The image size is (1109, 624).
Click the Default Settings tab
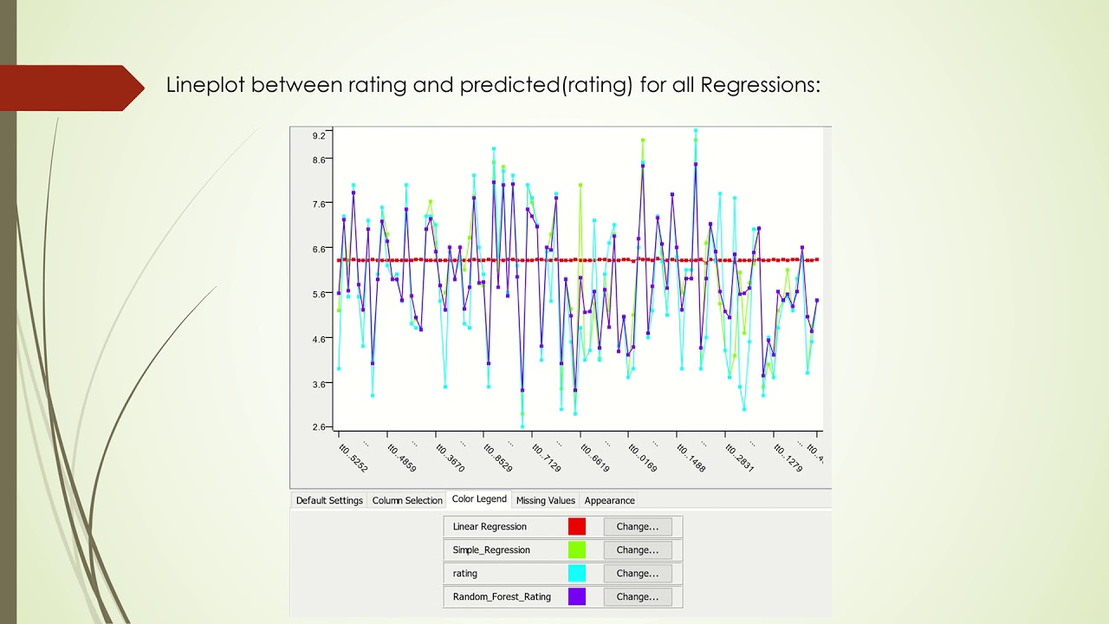click(x=329, y=501)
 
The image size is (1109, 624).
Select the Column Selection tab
click(x=407, y=501)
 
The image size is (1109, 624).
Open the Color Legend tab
click(x=479, y=500)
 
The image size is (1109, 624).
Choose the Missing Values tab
click(x=545, y=501)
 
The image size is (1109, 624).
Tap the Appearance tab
click(x=609, y=501)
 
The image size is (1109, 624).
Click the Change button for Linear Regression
click(x=637, y=527)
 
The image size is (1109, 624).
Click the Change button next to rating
click(x=637, y=574)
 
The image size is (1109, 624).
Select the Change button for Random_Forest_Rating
click(x=637, y=597)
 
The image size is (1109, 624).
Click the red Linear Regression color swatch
click(x=577, y=527)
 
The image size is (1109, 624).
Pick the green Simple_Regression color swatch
click(x=577, y=550)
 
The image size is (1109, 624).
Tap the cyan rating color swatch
click(x=577, y=574)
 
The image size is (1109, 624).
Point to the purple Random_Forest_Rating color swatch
click(x=577, y=597)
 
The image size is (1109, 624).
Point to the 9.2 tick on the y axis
click(x=319, y=135)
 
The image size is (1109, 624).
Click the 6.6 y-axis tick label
click(x=319, y=249)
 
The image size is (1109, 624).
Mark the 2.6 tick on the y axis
click(x=319, y=427)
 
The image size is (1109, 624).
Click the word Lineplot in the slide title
click(x=205, y=85)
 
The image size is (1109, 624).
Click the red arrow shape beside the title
click(x=74, y=88)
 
